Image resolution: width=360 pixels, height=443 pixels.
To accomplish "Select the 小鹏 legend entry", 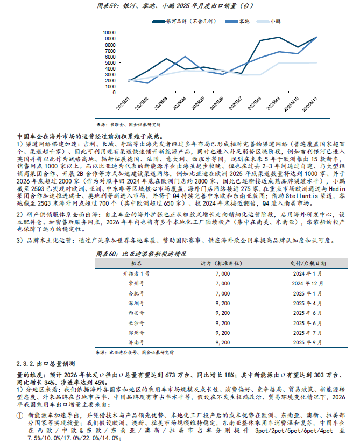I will click(x=274, y=21).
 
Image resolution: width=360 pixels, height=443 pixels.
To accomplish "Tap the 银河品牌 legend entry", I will click(x=201, y=21).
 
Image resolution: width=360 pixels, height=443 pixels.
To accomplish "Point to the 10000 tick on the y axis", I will click(x=109, y=32).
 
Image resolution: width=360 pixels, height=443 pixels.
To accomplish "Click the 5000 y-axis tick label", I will click(x=110, y=57).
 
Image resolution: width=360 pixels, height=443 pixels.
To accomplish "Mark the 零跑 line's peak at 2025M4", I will click(x=185, y=57).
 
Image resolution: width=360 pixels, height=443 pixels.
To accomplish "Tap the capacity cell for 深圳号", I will click(x=222, y=303).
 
